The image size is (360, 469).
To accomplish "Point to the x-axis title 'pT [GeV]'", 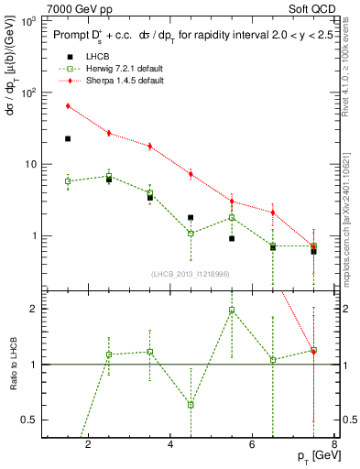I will point(315,454).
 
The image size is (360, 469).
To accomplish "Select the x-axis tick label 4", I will point(171,445).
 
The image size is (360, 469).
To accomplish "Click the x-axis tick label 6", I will point(255,445).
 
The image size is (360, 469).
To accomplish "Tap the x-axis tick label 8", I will point(335,445).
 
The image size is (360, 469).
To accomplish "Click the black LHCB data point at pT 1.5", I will point(68,138).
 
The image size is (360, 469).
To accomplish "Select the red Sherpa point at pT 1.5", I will point(68,106).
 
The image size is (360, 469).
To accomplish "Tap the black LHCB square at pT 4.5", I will point(191,218).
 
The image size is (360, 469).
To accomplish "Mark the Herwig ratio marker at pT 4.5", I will point(191,404).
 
